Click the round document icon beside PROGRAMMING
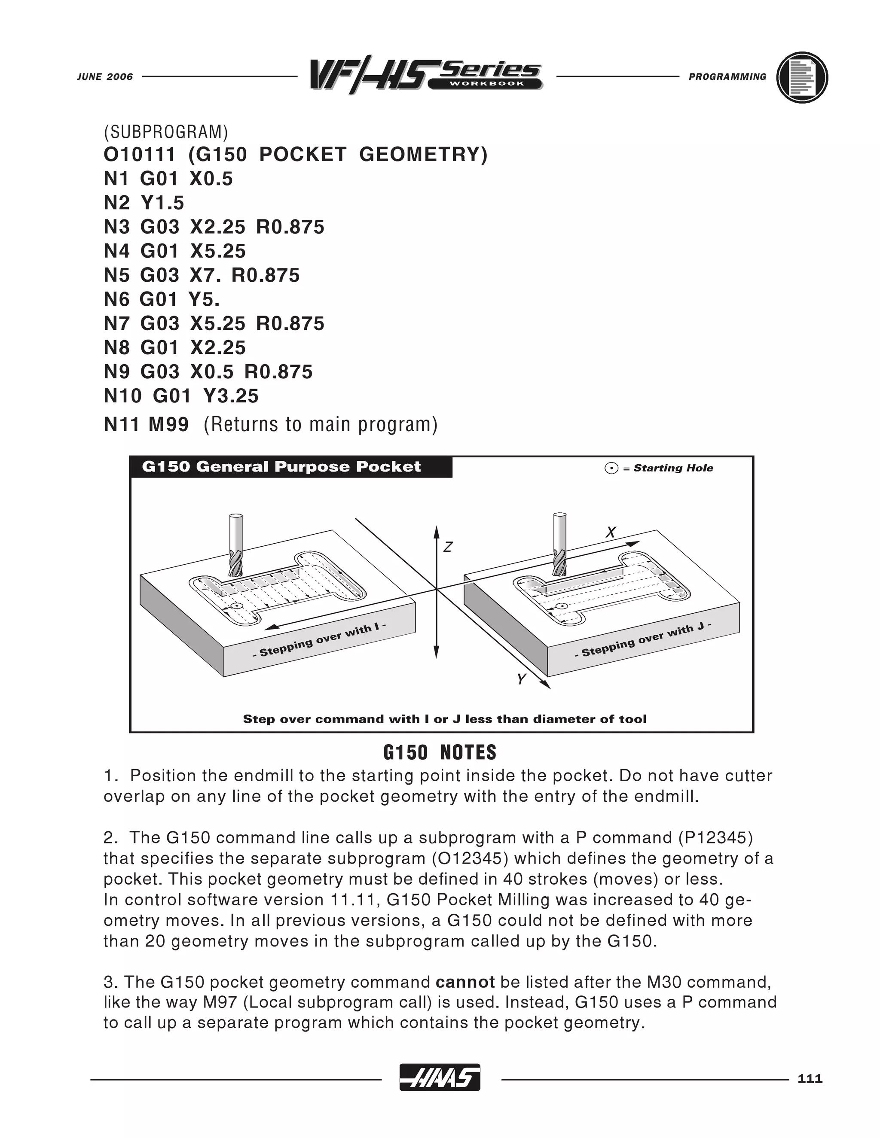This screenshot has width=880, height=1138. point(802,78)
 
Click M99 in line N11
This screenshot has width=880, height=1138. point(168,424)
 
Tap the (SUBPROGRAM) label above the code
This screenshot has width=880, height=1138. point(166,132)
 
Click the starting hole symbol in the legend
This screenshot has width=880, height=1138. point(611,469)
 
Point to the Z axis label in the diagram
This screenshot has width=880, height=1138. point(447,547)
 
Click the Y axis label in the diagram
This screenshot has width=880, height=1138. point(520,679)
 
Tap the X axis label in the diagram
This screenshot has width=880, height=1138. point(611,532)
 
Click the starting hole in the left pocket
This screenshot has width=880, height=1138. point(235,606)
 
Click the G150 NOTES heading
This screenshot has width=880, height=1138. point(440,752)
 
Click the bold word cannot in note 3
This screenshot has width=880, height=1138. point(465,982)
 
